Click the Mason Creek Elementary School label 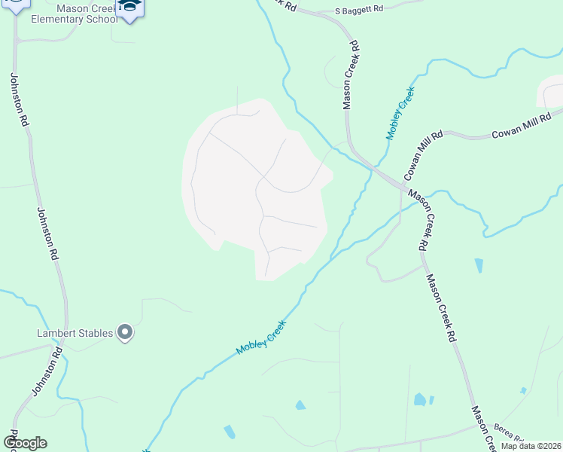tap(74, 13)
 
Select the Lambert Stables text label tap(75, 333)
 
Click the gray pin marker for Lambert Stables tap(125, 332)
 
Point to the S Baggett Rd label tap(358, 10)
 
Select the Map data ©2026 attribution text tap(530, 446)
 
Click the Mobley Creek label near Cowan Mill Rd tap(400, 113)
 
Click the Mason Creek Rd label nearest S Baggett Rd tap(351, 75)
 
